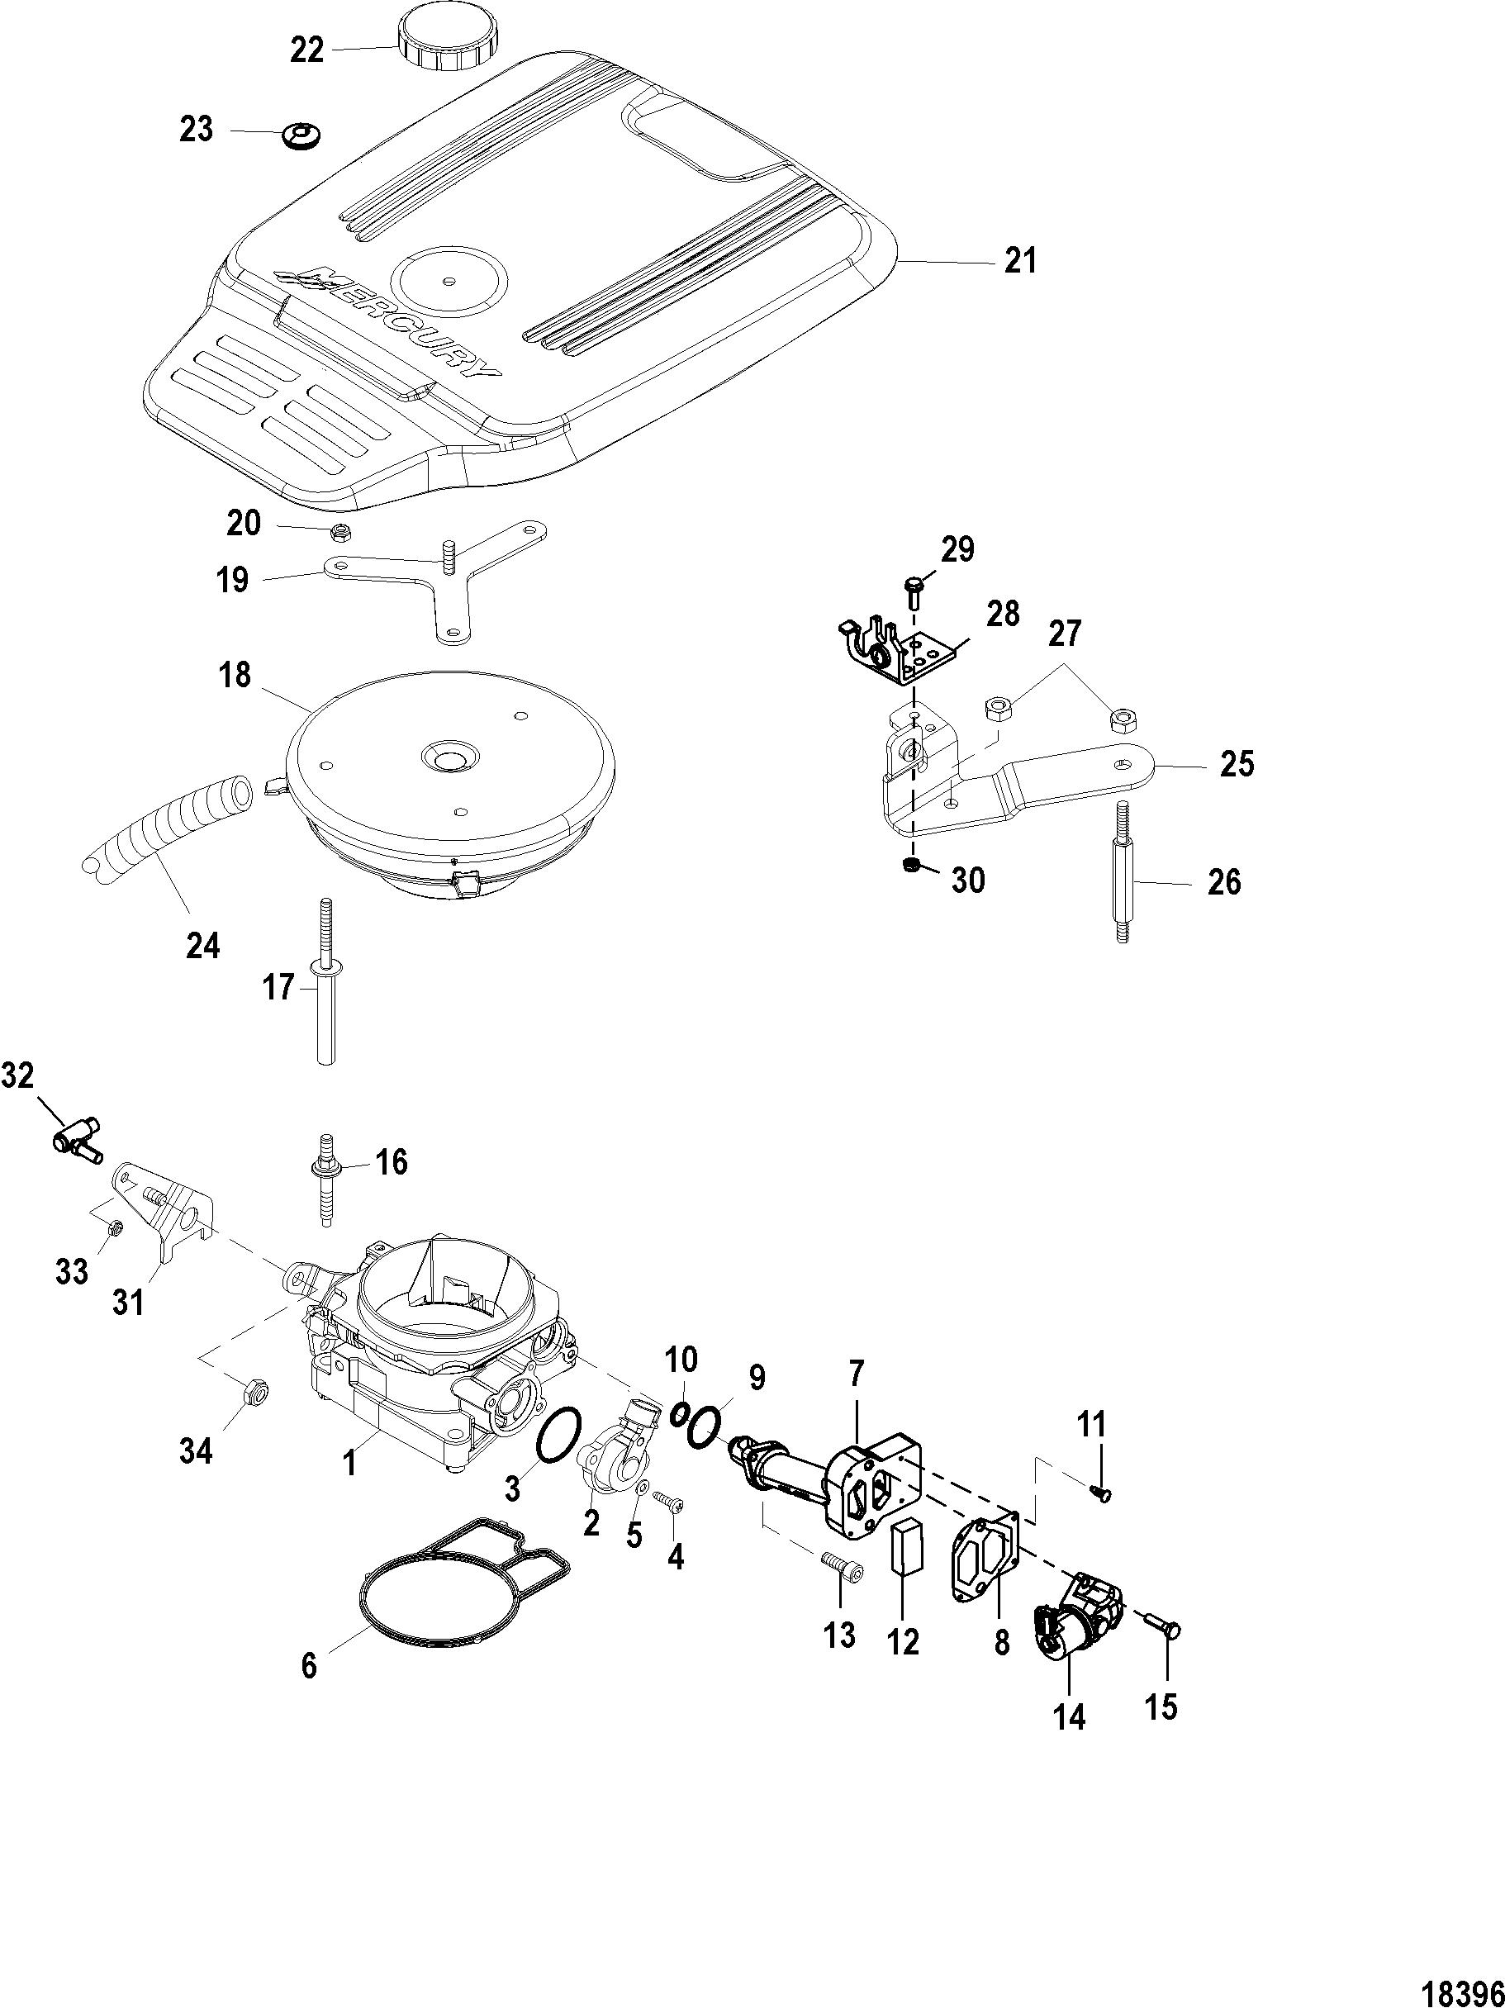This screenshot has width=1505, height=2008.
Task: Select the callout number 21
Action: [x=1019, y=262]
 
